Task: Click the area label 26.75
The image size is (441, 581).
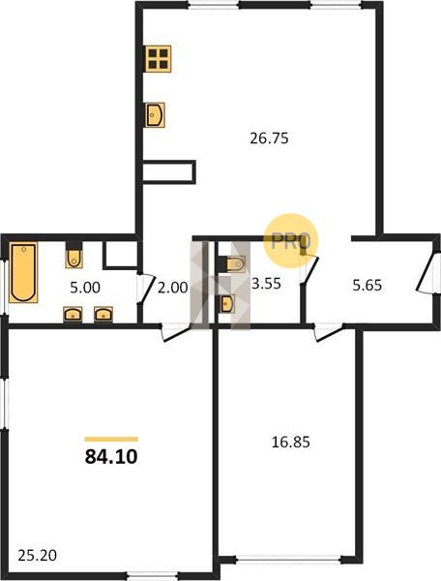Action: tap(269, 138)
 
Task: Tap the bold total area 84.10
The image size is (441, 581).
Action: tap(111, 456)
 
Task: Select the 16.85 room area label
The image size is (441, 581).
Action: tap(290, 443)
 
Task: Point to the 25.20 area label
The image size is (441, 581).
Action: tap(37, 556)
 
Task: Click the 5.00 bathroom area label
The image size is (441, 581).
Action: tap(85, 288)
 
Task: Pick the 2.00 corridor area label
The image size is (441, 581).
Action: tap(172, 288)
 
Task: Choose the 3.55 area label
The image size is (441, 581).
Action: tap(266, 284)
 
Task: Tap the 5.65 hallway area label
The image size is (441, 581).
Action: tap(367, 286)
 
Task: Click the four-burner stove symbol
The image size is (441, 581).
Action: tap(159, 58)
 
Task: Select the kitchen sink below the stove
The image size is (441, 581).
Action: tap(155, 115)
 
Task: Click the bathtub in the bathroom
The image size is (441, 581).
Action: tap(23, 272)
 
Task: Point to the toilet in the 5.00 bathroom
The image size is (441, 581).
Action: tap(74, 255)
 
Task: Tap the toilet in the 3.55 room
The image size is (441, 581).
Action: tap(232, 264)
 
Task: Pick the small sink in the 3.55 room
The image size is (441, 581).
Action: tap(225, 304)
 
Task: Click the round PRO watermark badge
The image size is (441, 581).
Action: tap(291, 241)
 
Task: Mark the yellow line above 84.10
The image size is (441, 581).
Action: tap(111, 440)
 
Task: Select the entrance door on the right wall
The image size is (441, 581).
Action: tap(428, 273)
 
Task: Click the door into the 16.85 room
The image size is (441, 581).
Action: tap(329, 332)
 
